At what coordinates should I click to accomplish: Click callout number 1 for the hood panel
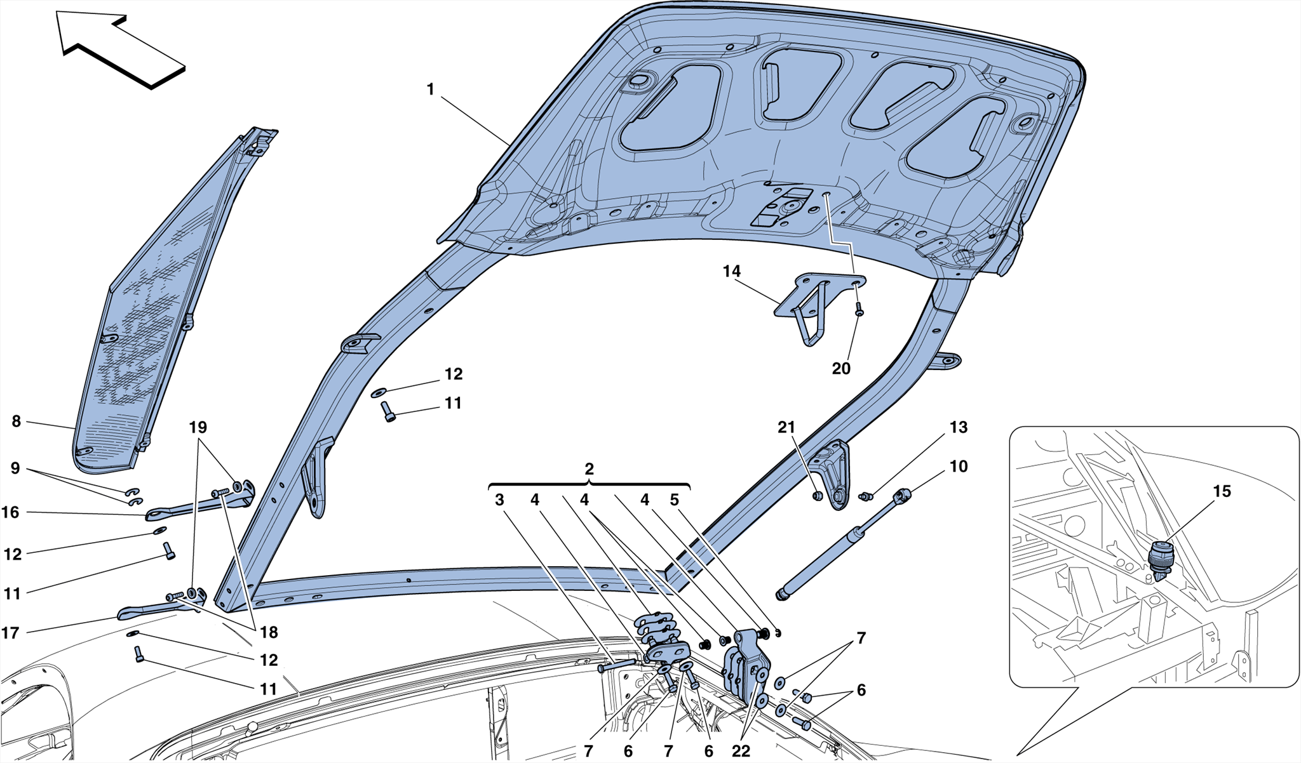coord(430,90)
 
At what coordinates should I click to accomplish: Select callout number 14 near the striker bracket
coord(731,271)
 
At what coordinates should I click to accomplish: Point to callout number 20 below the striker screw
coord(840,369)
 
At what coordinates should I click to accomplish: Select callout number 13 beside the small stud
coord(958,427)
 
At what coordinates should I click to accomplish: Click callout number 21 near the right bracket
coord(786,427)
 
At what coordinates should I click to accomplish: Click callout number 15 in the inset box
coord(1222,491)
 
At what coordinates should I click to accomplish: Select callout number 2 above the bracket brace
coord(589,469)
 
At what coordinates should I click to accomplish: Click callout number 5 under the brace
coord(675,500)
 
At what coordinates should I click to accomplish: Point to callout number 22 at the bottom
coord(741,752)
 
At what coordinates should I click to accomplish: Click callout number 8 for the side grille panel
coord(17,421)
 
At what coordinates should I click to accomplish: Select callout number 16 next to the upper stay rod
coord(11,512)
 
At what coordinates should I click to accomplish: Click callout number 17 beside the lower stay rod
coord(11,633)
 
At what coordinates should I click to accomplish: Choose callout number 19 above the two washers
coord(198,427)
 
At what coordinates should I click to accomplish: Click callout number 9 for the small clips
coord(15,468)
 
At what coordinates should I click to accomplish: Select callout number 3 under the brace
coord(499,500)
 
